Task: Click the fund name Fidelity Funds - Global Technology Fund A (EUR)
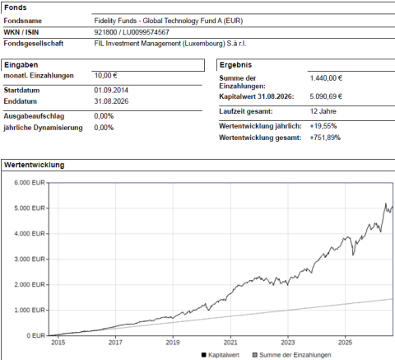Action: [169, 21]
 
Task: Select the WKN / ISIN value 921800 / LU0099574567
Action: [132, 32]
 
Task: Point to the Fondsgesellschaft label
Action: [34, 44]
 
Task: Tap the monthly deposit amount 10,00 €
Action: [105, 76]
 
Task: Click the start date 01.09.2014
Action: [111, 91]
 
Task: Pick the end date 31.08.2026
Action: [111, 101]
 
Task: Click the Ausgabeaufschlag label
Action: [34, 116]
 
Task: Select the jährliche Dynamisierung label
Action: [43, 128]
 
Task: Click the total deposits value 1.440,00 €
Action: [326, 78]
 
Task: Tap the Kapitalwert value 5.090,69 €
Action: [326, 96]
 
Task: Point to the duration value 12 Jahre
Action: [323, 111]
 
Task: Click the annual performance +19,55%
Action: [323, 126]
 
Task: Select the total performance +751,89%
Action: [325, 138]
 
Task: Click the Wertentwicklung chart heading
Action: [35, 165]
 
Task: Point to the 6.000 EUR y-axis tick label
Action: [30, 183]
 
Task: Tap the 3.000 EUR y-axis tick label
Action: [30, 259]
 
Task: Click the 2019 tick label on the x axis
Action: [173, 343]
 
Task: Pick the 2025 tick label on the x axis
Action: [346, 343]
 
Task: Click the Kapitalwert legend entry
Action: [221, 355]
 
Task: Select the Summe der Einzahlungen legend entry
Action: [291, 355]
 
